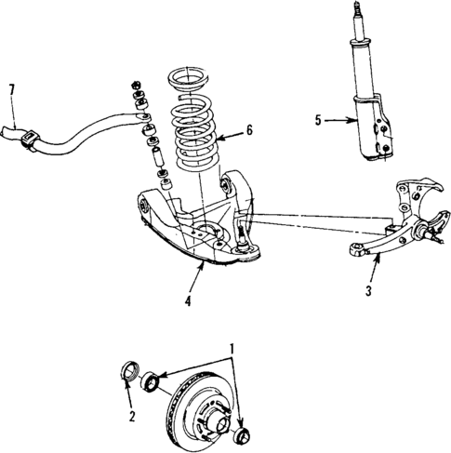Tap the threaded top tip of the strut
point(359,14)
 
